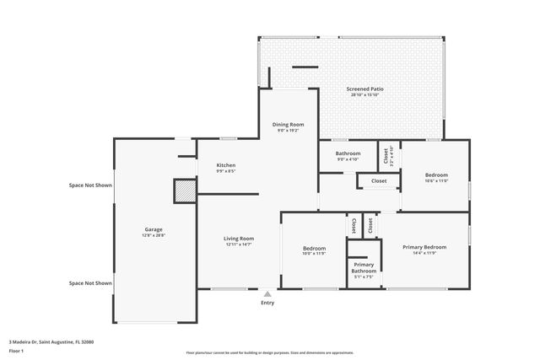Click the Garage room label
[154, 229]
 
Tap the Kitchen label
[225, 165]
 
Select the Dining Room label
[288, 125]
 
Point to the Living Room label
[239, 239]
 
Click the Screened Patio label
[365, 89]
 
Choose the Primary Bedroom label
[424, 247]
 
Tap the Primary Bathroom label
[364, 267]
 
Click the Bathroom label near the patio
[348, 153]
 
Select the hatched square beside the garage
[184, 191]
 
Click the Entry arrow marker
[267, 293]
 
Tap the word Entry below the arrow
[267, 303]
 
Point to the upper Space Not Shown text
[90, 185]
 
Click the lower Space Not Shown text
[90, 283]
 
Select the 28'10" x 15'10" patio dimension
[365, 94]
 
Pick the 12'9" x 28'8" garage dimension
[154, 235]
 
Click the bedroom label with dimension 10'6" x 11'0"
[435, 175]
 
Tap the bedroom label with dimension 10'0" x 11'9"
[314, 248]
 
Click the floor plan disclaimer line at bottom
[269, 353]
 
